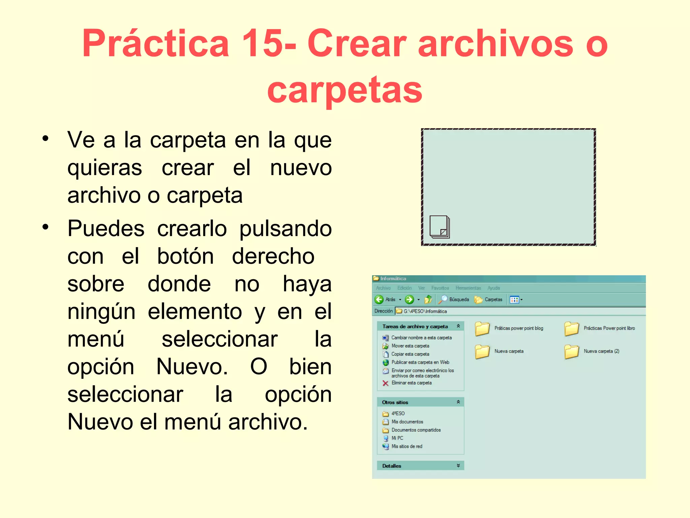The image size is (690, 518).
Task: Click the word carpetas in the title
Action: point(344,89)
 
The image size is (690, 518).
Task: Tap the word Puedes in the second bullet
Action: point(106,229)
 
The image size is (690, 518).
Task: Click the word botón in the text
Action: point(185,256)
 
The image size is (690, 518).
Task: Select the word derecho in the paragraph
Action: point(273,256)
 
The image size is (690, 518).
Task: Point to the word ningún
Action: point(101,312)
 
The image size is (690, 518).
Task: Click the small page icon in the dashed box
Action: point(439,227)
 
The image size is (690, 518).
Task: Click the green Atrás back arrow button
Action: point(379,299)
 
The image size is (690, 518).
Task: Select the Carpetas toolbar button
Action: point(489,299)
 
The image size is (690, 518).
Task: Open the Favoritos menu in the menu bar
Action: point(440,288)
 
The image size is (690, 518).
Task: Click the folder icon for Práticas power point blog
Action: point(482,328)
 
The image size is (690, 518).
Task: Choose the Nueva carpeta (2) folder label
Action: point(601,351)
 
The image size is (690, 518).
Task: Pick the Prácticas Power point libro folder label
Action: point(609,328)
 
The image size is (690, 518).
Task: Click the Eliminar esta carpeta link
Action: point(411,383)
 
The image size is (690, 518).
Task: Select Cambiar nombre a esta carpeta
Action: point(421,338)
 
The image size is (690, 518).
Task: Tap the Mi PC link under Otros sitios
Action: point(397,438)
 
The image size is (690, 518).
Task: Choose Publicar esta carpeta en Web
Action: point(420,362)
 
